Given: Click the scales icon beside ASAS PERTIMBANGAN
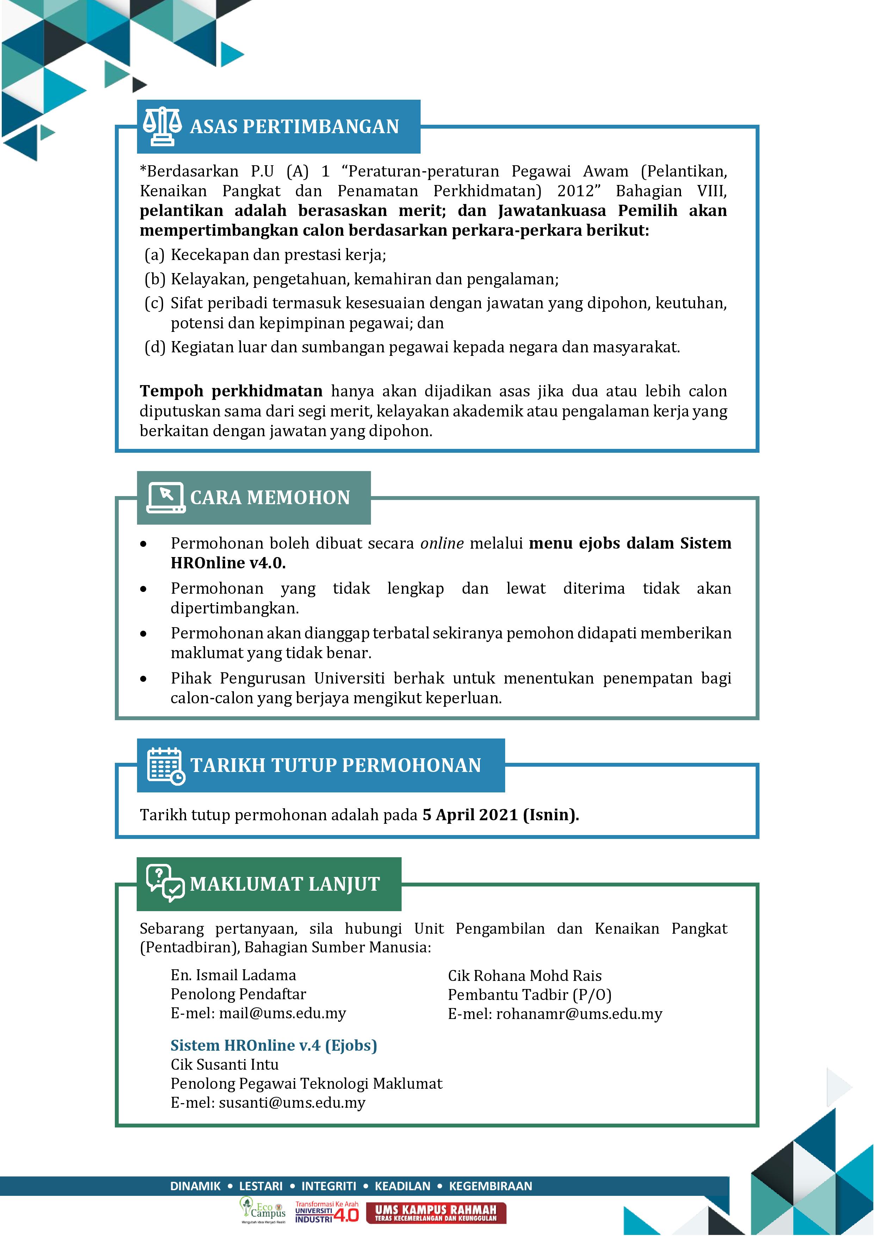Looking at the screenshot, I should (162, 126).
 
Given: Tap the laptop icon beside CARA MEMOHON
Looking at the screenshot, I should (166, 498).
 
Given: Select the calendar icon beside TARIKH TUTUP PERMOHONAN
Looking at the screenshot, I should (166, 766).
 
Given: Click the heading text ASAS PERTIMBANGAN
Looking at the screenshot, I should (295, 126).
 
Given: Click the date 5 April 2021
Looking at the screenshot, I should (470, 815).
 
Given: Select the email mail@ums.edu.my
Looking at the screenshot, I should (282, 1013).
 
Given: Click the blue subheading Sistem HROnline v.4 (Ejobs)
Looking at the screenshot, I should (273, 1045).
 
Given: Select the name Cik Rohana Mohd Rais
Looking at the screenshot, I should (524, 976).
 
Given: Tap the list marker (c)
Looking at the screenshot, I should (154, 303).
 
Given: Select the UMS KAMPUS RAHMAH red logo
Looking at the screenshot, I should (436, 1213).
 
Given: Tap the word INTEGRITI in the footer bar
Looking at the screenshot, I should (328, 1186).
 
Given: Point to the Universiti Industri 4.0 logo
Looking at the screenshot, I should (327, 1212).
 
